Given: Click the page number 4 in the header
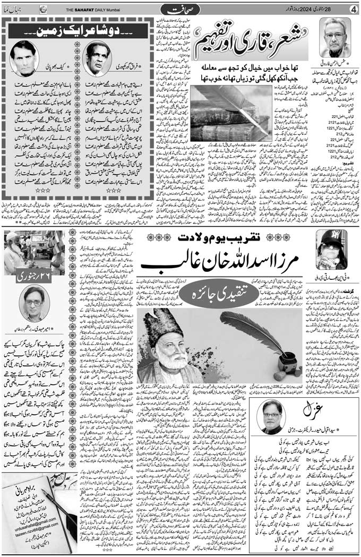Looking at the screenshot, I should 352,8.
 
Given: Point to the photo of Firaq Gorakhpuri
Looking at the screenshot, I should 99,57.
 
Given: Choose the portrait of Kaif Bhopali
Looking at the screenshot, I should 26,57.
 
